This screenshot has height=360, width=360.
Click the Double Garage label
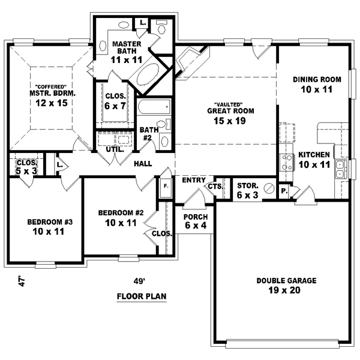pyautogui.click(x=277, y=286)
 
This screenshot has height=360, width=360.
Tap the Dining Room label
pyautogui.click(x=317, y=84)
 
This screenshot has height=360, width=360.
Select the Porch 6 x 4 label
pyautogui.click(x=196, y=221)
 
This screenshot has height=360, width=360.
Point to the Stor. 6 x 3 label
pyautogui.click(x=248, y=190)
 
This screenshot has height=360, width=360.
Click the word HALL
pyautogui.click(x=143, y=164)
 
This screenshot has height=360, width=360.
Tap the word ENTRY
pyautogui.click(x=194, y=180)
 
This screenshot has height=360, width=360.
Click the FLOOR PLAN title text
pyautogui.click(x=142, y=296)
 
